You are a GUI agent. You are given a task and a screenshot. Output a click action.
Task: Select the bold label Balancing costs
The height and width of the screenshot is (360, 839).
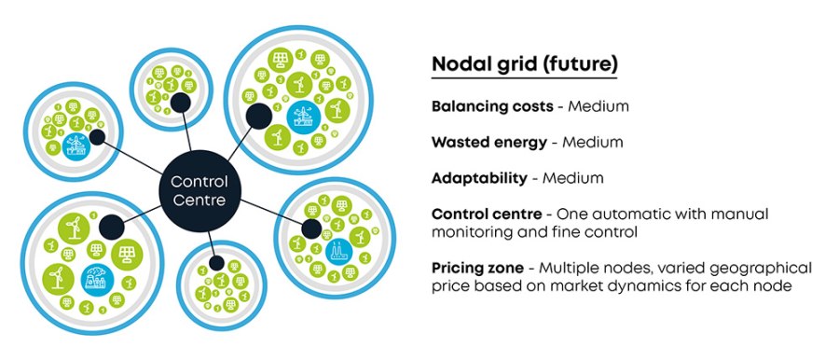pos(492,106)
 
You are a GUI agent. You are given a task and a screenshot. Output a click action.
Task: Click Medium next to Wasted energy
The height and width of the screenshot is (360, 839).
pos(592,143)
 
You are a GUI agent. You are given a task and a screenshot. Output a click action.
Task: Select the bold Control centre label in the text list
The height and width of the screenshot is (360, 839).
pos(485,214)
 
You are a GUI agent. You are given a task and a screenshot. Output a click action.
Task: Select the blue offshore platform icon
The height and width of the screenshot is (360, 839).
pos(302,117)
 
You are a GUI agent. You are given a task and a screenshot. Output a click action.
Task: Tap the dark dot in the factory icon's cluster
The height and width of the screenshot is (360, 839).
pos(310,228)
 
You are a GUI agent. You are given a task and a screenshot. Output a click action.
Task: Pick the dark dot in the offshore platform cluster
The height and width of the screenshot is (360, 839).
pos(257,116)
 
